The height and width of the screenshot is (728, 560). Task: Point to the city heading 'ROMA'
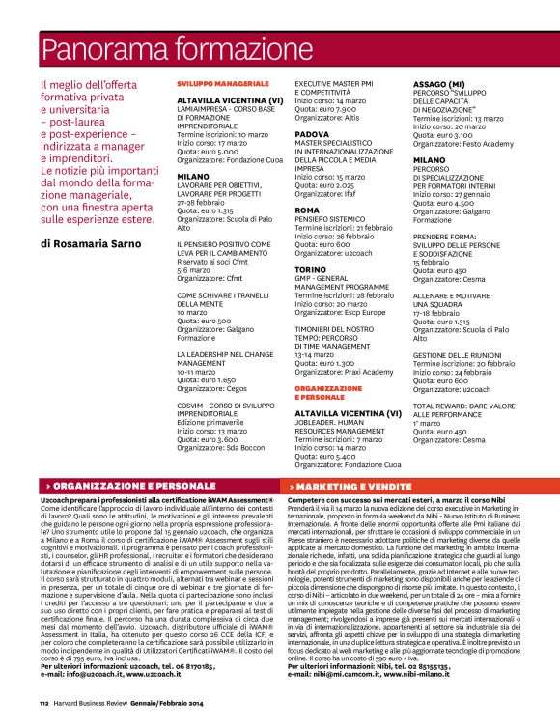[306, 209]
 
